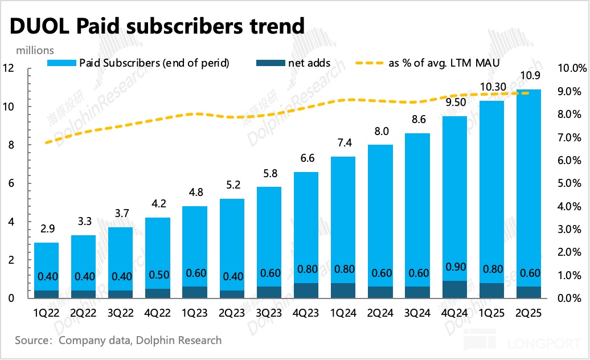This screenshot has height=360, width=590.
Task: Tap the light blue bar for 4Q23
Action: tap(305, 228)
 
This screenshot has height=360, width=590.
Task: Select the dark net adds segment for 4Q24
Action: tap(454, 289)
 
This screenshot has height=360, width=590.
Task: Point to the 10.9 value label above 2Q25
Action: tap(529, 76)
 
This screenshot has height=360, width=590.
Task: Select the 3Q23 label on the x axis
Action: tap(268, 313)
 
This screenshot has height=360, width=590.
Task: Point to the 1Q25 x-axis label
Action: tap(491, 313)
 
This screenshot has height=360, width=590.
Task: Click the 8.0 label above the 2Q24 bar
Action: tap(380, 132)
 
